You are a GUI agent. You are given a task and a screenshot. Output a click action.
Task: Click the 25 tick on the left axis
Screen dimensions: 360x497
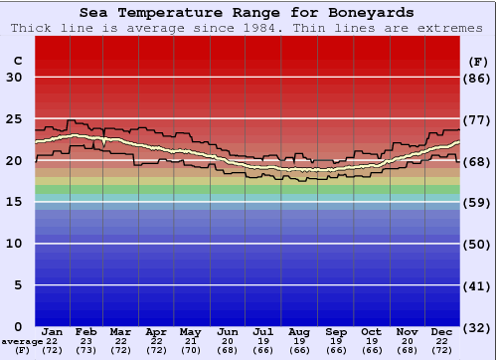tap(14, 119)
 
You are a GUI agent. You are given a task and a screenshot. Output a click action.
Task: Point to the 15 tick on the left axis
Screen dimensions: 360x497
tap(14, 202)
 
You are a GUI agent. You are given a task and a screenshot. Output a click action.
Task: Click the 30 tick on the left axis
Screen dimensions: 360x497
tap(14, 78)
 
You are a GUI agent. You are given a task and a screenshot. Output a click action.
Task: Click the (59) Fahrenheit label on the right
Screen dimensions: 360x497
tap(476, 202)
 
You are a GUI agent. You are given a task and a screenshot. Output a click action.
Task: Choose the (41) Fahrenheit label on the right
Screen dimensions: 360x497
tap(476, 285)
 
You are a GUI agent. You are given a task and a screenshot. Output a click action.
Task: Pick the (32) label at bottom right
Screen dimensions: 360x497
tap(476, 327)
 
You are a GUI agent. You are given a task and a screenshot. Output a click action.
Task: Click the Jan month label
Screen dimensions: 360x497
tap(53, 331)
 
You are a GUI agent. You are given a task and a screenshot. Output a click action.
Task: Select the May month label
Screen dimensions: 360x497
tap(189, 331)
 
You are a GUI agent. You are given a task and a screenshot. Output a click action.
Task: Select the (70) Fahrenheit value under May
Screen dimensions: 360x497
tap(189, 350)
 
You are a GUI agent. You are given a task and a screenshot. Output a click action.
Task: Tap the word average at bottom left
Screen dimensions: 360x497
tap(22, 341)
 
